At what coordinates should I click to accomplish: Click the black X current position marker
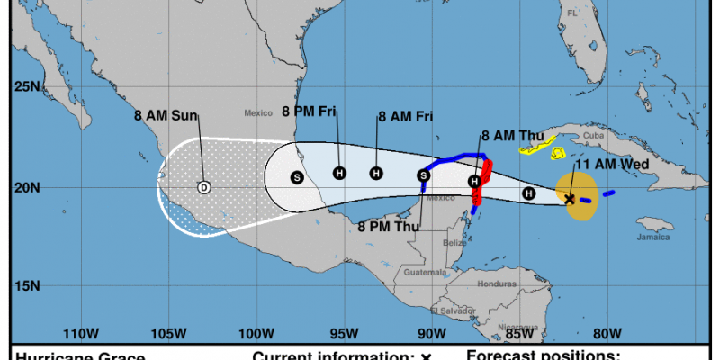570,200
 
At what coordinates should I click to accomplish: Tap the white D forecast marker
203,187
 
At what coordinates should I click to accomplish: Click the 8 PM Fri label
310,112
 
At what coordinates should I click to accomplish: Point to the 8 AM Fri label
406,117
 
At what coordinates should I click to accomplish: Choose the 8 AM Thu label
513,136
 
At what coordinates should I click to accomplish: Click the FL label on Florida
571,13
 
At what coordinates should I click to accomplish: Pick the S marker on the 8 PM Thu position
423,175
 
